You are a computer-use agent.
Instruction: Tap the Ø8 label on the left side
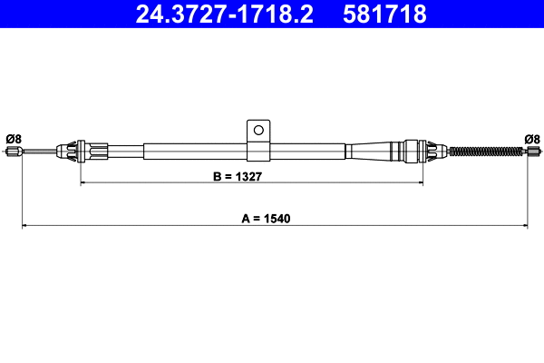pyautogui.click(x=13, y=139)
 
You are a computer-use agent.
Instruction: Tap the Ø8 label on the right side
pyautogui.click(x=532, y=139)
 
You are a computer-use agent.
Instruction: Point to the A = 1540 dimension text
pyautogui.click(x=273, y=219)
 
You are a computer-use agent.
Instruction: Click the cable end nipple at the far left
pyautogui.click(x=14, y=152)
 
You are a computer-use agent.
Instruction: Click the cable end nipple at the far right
pyautogui.click(x=532, y=152)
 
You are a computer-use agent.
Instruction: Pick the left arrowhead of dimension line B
pyautogui.click(x=84, y=183)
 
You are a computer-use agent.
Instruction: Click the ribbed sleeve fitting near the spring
pyautogui.click(x=417, y=149)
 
